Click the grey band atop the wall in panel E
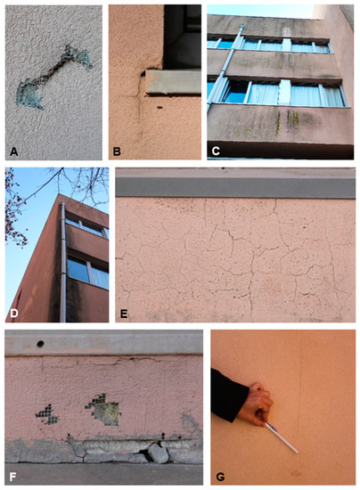[x=236, y=184]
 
